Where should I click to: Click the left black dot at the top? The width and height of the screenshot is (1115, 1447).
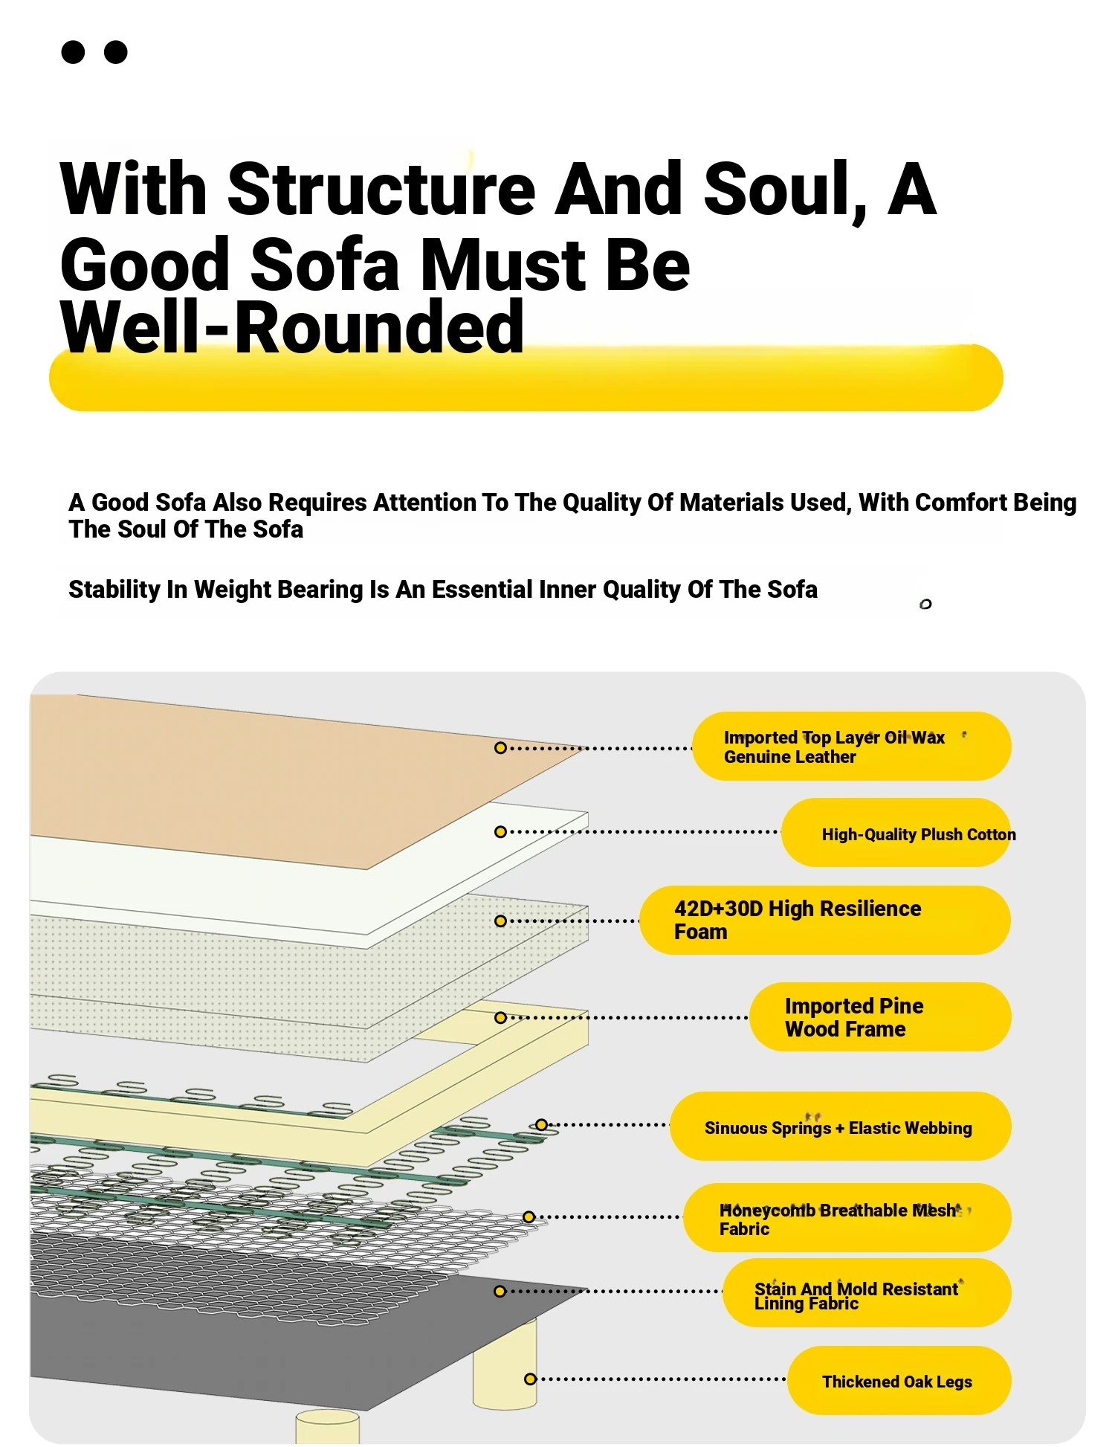coord(73,52)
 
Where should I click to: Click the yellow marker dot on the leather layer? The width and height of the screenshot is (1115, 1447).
coord(500,747)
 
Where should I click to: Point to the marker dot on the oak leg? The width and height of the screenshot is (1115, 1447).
coord(530,1379)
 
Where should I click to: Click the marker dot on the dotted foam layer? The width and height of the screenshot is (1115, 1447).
coord(500,921)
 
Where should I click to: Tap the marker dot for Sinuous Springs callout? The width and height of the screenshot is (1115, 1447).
coord(542,1125)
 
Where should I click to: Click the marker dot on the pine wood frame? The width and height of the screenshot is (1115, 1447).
coord(500,1017)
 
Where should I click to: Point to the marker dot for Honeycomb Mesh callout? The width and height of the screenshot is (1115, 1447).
coord(529,1217)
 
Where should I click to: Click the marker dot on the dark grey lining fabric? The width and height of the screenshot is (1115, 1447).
coord(500,1292)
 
